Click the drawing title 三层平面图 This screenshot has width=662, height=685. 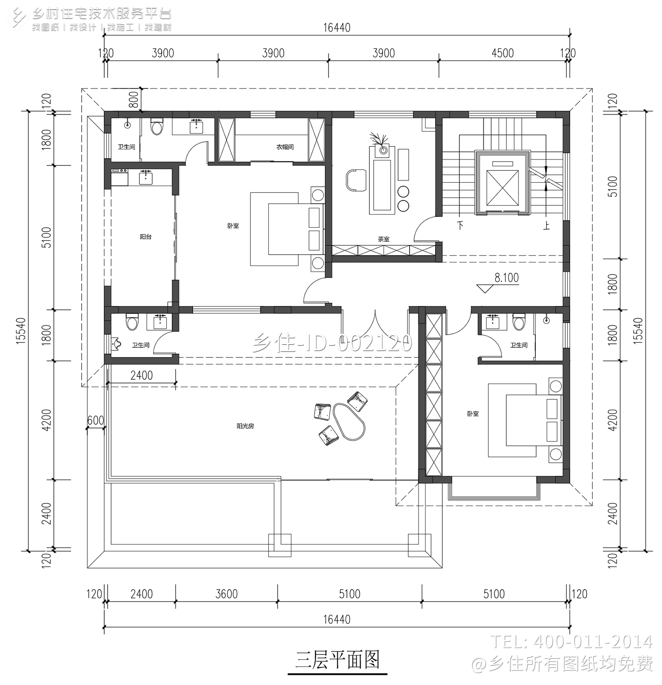(337, 660)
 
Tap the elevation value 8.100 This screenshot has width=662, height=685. (506, 278)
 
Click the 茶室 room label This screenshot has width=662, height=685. (384, 239)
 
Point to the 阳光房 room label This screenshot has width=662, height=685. (245, 426)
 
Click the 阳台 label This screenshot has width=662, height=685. (146, 237)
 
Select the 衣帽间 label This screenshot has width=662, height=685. (285, 147)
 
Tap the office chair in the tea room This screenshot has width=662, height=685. (356, 181)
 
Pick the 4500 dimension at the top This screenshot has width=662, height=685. (502, 53)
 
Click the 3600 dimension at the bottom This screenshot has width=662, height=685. (226, 594)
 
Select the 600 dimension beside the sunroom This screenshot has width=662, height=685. (95, 421)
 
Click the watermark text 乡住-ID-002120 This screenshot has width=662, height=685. (332, 343)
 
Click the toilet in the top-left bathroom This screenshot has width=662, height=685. (157, 127)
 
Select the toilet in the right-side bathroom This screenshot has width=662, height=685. (519, 322)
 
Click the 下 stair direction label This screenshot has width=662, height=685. (461, 226)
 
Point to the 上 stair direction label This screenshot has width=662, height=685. (546, 226)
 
